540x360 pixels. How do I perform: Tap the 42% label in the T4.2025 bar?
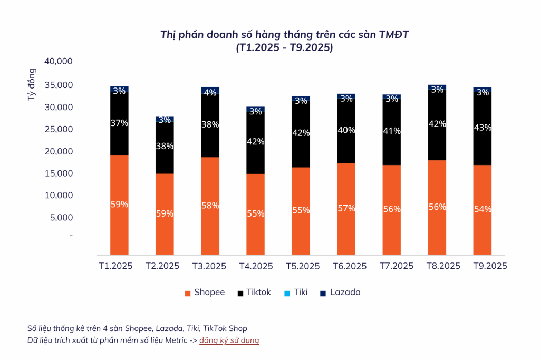pos(256,141)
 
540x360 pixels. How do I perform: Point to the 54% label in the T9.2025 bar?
pos(483,209)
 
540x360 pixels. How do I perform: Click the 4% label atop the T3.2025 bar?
pos(210,92)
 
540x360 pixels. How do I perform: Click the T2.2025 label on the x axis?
pos(162,266)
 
